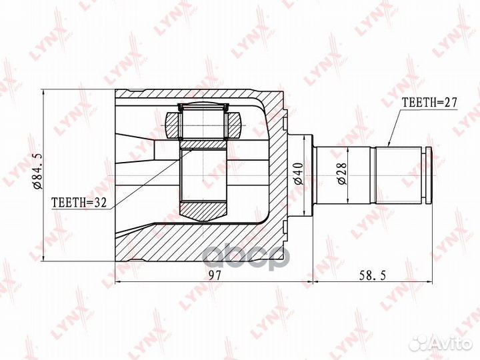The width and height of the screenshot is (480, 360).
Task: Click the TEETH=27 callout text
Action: click(429, 103)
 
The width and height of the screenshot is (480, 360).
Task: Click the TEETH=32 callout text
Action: click(79, 203)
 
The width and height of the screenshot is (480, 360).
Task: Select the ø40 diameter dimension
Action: click(298, 174)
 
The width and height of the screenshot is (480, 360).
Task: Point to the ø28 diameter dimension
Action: click(342, 173)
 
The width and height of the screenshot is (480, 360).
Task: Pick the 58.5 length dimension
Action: click(371, 275)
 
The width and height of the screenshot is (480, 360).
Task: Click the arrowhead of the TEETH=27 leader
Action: click(389, 145)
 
